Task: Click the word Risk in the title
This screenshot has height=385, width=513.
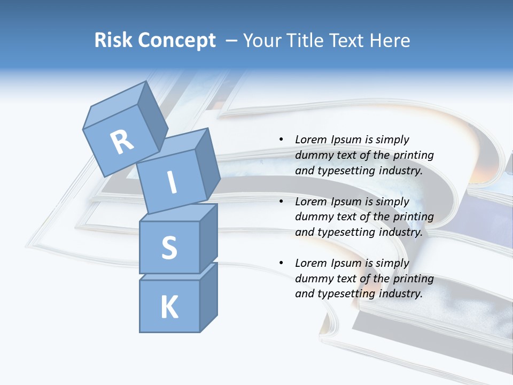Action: tap(114, 40)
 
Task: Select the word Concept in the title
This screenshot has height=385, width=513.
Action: tap(177, 40)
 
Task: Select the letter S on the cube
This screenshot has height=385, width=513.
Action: tap(169, 248)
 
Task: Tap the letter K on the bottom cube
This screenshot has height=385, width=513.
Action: tap(169, 307)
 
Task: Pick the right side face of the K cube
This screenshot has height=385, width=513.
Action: tap(208, 297)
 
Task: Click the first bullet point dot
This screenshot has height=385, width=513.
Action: tap(281, 140)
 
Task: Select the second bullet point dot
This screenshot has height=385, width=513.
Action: tap(281, 202)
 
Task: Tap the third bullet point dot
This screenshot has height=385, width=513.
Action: tap(281, 264)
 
